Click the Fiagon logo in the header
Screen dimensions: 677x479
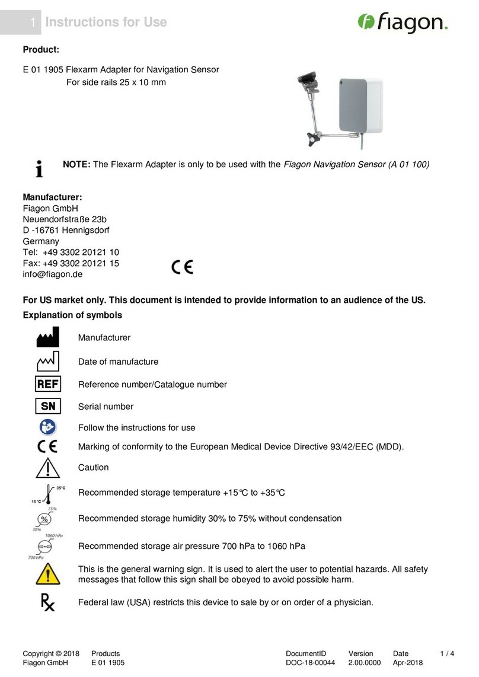[403, 23]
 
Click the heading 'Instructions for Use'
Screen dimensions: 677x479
[106, 23]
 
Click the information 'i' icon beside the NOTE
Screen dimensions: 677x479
[39, 169]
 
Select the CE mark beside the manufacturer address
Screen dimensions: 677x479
[182, 268]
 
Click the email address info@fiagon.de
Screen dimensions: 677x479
[52, 274]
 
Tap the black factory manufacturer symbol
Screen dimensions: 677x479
[48, 337]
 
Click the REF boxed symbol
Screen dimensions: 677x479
[48, 384]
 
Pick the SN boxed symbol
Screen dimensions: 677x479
[48, 407]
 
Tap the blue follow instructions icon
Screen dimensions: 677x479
[48, 427]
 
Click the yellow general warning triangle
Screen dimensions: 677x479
[48, 573]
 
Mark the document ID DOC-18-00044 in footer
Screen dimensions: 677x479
[310, 663]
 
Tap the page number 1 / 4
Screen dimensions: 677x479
[448, 653]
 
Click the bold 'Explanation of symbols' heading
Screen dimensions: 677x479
[72, 315]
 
